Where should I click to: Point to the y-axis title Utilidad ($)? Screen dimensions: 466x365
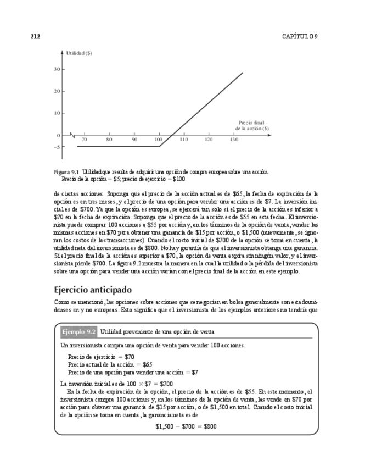tap(78, 53)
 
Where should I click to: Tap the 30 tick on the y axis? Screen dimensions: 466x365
tap(57, 69)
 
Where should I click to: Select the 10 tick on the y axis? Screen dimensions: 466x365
tap(57, 113)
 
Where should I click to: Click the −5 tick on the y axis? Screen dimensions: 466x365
tap(56, 147)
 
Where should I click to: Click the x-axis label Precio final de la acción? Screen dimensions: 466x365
tap(253, 126)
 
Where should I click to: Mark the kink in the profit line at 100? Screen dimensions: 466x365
tap(159, 146)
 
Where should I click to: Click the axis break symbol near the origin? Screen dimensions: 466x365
tap(72, 135)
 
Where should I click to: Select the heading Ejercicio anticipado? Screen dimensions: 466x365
tap(92, 289)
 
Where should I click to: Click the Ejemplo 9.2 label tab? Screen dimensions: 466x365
tap(79, 332)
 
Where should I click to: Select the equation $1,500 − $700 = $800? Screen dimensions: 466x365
tap(186, 426)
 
